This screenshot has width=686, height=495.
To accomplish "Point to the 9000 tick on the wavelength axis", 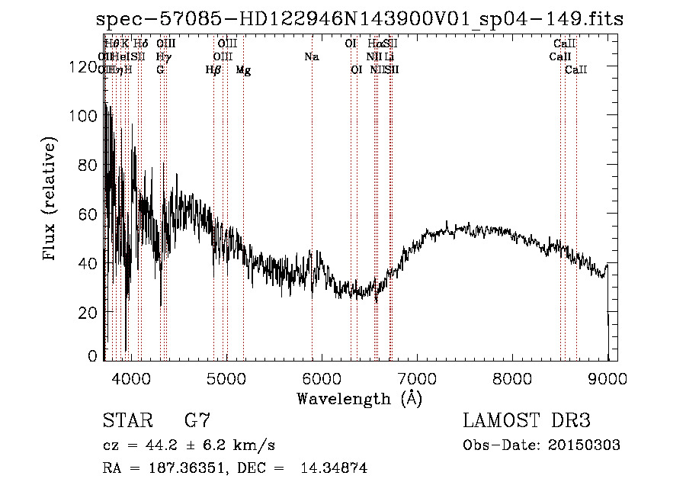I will click(607, 379).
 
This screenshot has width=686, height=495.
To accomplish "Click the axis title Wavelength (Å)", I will click(359, 398).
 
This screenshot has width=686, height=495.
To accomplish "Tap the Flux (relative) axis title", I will click(51, 200).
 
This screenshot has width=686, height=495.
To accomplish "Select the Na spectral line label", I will click(311, 56).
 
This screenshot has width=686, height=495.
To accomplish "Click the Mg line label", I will click(243, 70).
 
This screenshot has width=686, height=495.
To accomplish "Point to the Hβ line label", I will click(213, 70).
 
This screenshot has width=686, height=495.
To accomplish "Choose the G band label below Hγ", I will click(160, 70).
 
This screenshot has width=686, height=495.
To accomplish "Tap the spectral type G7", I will click(197, 421).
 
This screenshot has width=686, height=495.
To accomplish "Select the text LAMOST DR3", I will click(527, 421).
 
